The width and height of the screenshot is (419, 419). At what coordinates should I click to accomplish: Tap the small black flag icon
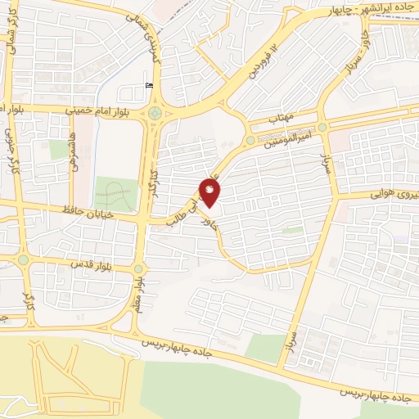[x=148, y=85]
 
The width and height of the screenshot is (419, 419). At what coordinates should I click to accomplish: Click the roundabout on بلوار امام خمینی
[x=155, y=113]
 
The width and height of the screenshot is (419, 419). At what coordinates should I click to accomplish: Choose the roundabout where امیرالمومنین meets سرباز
[x=322, y=128]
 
